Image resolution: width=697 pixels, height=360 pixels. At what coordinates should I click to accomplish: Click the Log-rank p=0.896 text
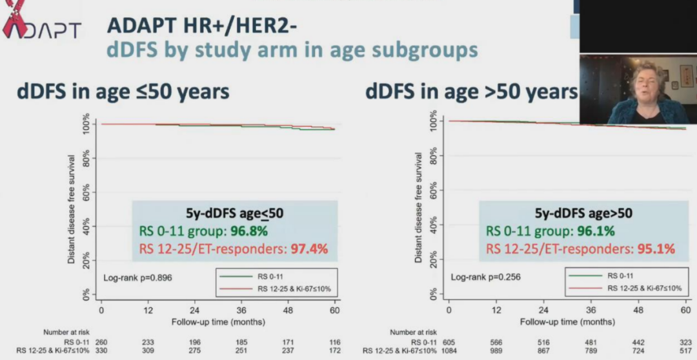(137, 277)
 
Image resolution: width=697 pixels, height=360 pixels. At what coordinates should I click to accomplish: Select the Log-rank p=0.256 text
(485, 277)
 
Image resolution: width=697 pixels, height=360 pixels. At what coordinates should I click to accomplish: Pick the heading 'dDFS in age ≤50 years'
(123, 92)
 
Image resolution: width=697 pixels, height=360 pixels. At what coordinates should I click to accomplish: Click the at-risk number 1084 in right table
(449, 350)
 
